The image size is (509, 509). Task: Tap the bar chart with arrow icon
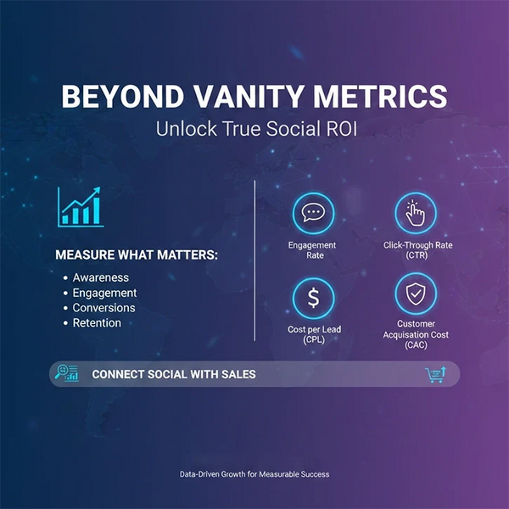point(81,206)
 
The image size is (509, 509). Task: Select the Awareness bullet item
point(100,277)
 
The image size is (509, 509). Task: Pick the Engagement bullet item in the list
point(104,293)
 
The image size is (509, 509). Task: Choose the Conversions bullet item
point(103,308)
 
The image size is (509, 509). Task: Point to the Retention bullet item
point(97,323)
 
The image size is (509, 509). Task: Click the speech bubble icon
point(312,213)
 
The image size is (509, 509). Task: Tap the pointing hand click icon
point(416,213)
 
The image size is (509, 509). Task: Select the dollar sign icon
point(312,298)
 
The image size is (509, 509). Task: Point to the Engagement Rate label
point(312,250)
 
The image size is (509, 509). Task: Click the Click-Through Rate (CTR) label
point(417,250)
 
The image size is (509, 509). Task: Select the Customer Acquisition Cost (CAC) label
point(416,334)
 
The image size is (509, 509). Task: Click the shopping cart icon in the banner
point(434,374)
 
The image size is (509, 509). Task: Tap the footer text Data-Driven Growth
point(255,474)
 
